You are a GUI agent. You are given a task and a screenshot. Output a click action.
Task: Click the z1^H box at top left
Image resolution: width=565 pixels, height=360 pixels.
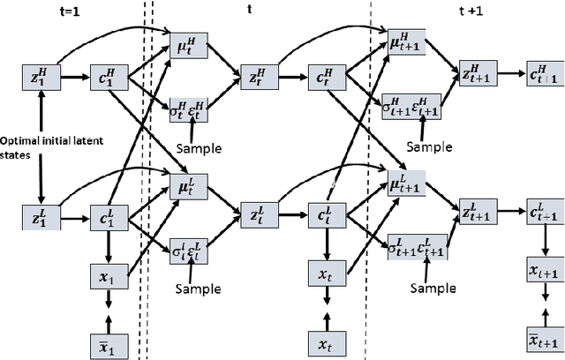click(x=39, y=78)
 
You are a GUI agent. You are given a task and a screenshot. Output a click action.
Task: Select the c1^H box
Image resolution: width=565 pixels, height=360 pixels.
click(x=107, y=78)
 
